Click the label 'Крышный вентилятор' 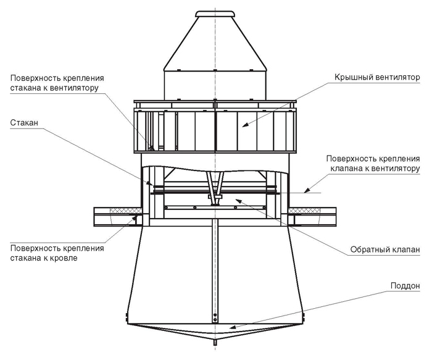(377, 78)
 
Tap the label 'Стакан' (24, 123)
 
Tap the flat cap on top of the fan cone (215, 14)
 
